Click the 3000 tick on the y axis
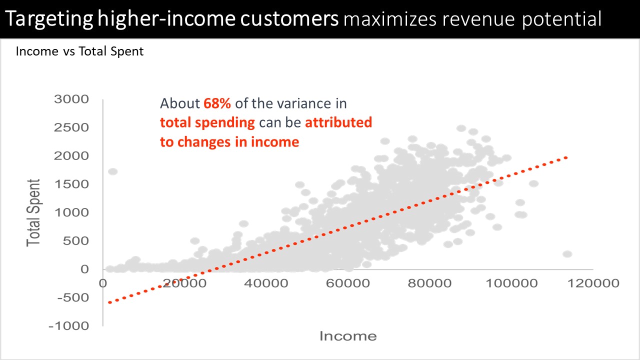coord(71,99)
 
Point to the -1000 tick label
coord(69,326)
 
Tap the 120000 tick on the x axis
coord(593,283)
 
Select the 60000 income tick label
coord(347,283)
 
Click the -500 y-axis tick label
coord(73,297)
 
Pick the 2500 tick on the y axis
coord(71,127)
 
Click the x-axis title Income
coord(348,336)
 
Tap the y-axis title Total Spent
coord(33,213)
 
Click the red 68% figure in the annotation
coord(217,103)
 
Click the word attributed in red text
coord(338,122)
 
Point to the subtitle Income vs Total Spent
coord(79,51)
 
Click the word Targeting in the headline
coord(49,19)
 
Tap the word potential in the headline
coord(561,19)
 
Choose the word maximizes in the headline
coord(389,19)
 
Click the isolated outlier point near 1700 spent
coord(113,171)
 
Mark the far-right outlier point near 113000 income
coord(567,254)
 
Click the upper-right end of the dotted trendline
coord(566,157)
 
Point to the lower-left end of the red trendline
coord(109,302)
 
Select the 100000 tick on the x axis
coord(511,283)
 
